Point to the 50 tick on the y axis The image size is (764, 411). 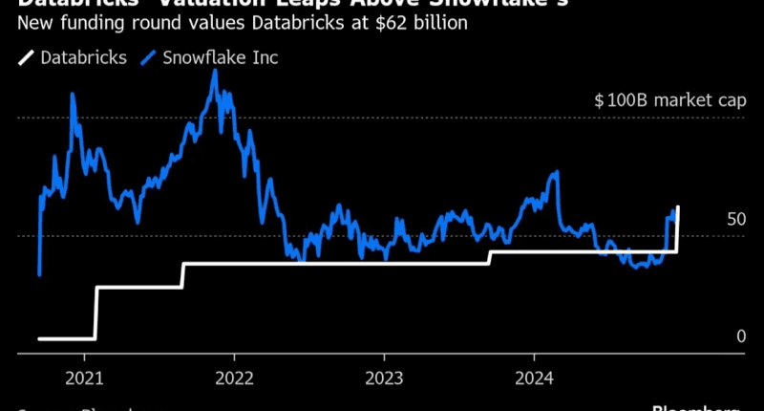(x=735, y=219)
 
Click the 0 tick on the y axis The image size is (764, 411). (x=741, y=336)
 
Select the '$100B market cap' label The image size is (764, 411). (x=668, y=99)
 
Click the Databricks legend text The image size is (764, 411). (x=84, y=57)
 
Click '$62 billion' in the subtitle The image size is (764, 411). (x=430, y=22)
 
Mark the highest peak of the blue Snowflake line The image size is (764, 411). (x=215, y=71)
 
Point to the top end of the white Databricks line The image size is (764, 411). (x=678, y=206)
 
